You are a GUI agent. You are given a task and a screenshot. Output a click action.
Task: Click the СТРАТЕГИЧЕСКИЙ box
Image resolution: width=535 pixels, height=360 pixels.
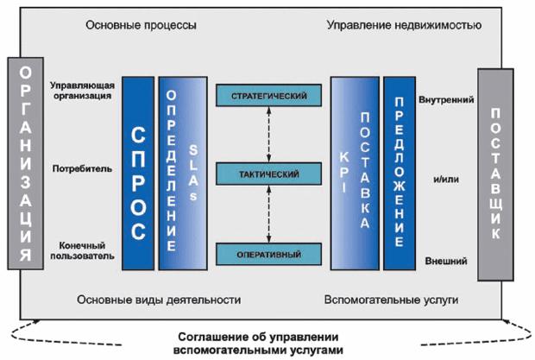click(x=269, y=96)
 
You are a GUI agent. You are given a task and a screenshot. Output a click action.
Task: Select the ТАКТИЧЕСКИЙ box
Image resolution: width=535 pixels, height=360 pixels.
click(x=269, y=174)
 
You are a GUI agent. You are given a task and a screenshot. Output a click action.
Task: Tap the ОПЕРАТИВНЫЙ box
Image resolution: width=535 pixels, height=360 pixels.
click(x=269, y=254)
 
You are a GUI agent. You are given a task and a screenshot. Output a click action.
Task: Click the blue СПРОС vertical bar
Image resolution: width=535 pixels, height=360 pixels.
click(x=138, y=174)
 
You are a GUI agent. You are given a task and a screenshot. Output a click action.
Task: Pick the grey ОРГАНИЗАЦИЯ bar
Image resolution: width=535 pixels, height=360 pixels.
click(x=26, y=163)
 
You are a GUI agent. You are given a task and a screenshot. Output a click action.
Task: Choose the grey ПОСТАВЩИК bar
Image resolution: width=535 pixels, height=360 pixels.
click(x=495, y=174)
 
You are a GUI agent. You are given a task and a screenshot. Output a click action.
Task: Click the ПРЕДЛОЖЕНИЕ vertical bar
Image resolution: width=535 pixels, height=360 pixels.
click(x=400, y=174)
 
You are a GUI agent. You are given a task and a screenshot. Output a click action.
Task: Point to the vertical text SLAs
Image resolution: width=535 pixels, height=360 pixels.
click(x=193, y=173)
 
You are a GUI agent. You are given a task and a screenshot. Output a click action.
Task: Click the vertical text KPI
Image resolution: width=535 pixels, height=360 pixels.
click(x=344, y=172)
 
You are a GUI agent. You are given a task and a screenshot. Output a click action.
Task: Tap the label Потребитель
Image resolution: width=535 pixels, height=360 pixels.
click(x=82, y=168)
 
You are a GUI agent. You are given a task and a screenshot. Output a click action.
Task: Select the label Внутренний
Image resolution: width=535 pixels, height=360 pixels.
click(x=446, y=99)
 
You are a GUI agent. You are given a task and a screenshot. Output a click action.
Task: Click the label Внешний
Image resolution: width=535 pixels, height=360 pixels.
click(x=446, y=261)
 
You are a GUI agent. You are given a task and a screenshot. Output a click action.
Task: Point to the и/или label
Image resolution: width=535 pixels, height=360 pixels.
click(x=446, y=180)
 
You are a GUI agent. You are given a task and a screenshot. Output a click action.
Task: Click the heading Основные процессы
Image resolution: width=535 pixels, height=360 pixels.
click(x=141, y=25)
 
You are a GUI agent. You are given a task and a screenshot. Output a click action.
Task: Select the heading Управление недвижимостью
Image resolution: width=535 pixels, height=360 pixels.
click(x=405, y=25)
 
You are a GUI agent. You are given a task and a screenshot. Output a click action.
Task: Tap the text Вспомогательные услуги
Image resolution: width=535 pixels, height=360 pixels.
click(x=391, y=300)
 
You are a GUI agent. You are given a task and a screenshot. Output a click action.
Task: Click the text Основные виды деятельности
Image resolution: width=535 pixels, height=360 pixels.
click(x=159, y=300)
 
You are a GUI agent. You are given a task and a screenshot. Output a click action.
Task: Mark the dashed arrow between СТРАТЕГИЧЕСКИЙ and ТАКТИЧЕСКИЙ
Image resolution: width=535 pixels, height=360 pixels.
click(x=269, y=135)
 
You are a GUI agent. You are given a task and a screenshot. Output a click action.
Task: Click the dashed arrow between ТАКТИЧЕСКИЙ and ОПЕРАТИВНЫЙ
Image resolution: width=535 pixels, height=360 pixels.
click(x=269, y=214)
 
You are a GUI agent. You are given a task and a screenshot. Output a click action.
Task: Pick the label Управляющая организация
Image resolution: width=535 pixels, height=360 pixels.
click(x=82, y=91)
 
